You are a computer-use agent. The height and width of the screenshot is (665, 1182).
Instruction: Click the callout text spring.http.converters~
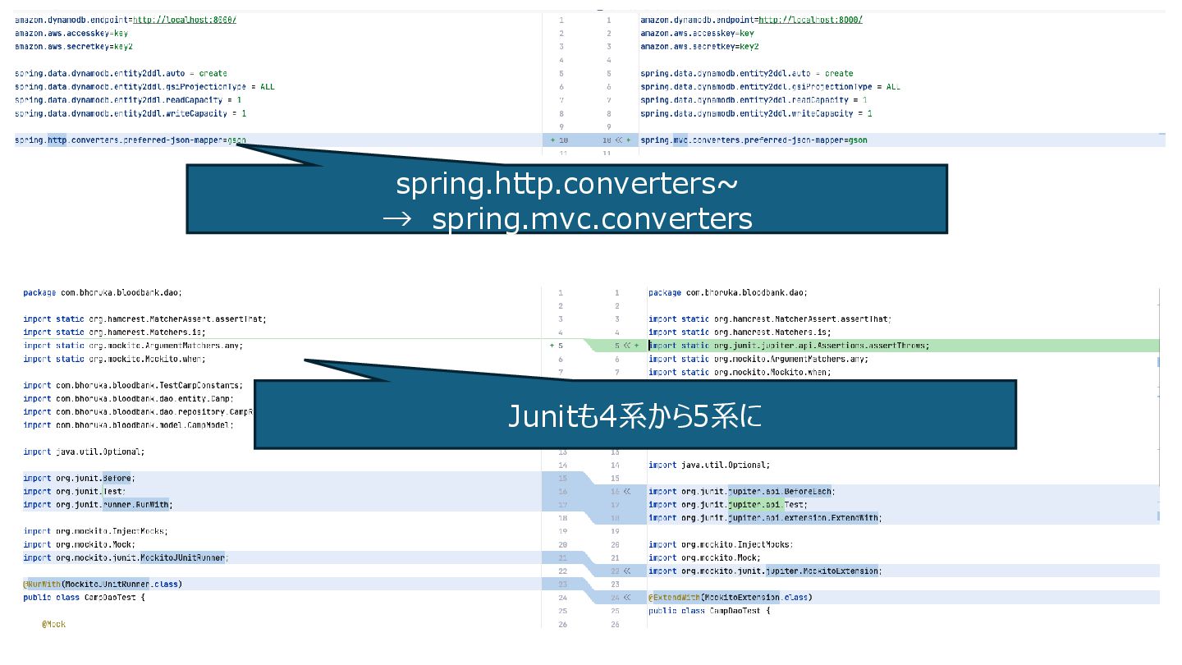pos(566,185)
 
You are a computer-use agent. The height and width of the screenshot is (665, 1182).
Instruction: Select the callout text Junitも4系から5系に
pos(635,416)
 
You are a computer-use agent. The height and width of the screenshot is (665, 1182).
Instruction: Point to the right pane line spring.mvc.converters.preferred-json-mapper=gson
pos(754,140)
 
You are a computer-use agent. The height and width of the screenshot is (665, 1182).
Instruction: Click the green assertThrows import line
pos(788,346)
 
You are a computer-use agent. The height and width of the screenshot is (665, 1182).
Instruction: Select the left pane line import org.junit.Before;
pos(79,478)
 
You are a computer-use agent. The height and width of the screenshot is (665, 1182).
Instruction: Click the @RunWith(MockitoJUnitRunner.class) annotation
pos(103,584)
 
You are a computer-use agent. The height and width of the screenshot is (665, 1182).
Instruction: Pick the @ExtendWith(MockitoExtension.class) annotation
pos(730,598)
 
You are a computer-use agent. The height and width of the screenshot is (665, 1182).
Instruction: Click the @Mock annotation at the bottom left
pos(54,625)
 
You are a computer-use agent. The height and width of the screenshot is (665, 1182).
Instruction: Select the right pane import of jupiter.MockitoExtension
pos(764,571)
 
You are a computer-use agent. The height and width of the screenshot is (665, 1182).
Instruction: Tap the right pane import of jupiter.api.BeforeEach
pos(741,492)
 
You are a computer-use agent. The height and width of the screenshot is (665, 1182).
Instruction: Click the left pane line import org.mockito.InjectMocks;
pos(96,531)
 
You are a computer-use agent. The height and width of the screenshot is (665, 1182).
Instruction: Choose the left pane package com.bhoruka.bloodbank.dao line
pos(103,292)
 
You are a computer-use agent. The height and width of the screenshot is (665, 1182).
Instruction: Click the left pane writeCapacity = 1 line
pos(131,113)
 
